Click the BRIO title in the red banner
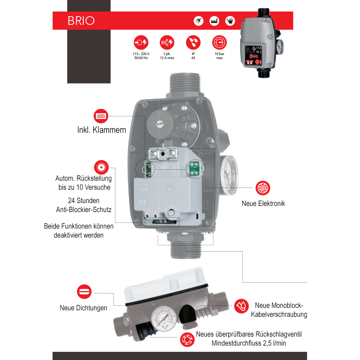(81, 21)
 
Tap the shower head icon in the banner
(198, 21)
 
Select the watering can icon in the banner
(230, 21)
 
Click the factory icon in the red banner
(214, 21)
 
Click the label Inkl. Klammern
(102, 130)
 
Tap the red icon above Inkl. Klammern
(101, 116)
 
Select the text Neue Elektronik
(263, 203)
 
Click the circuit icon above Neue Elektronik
(263, 188)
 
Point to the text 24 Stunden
(84, 201)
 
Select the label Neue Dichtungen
(83, 308)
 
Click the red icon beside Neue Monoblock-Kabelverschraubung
(242, 306)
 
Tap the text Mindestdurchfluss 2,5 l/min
(249, 343)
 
